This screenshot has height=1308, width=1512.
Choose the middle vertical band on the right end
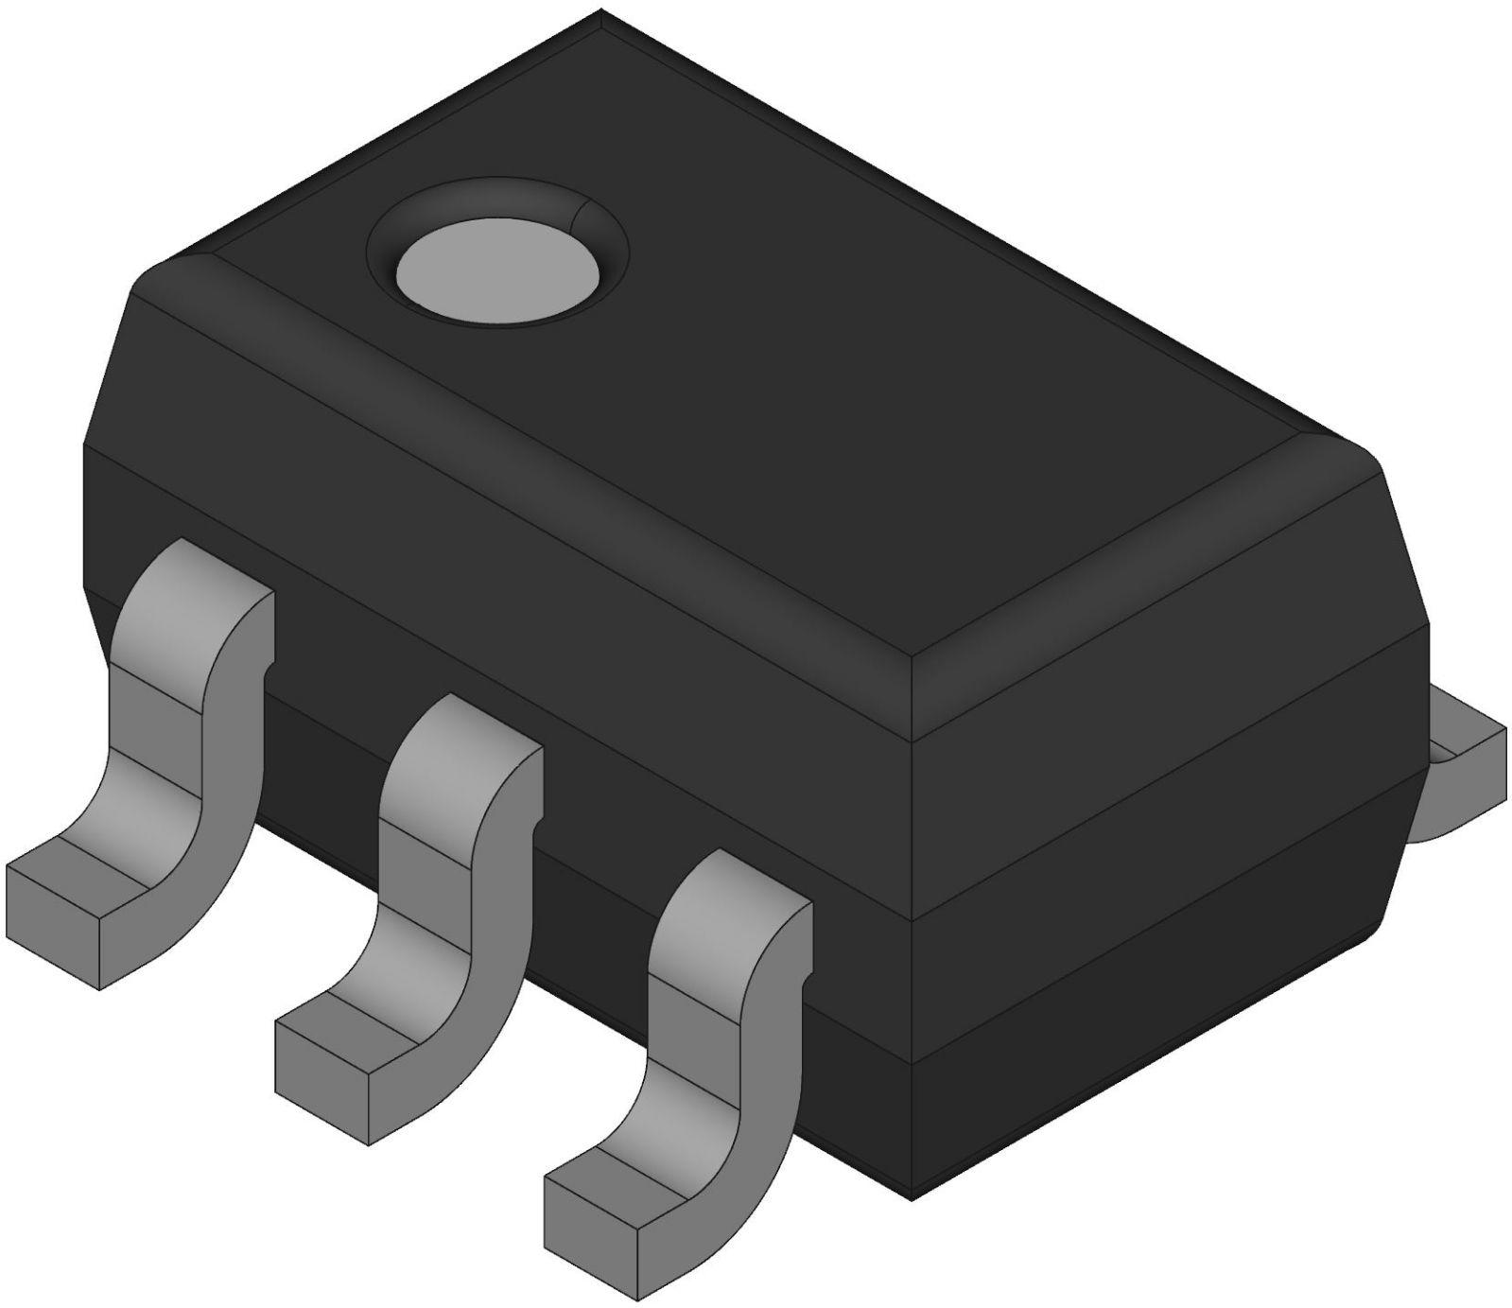tap(1163, 813)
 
